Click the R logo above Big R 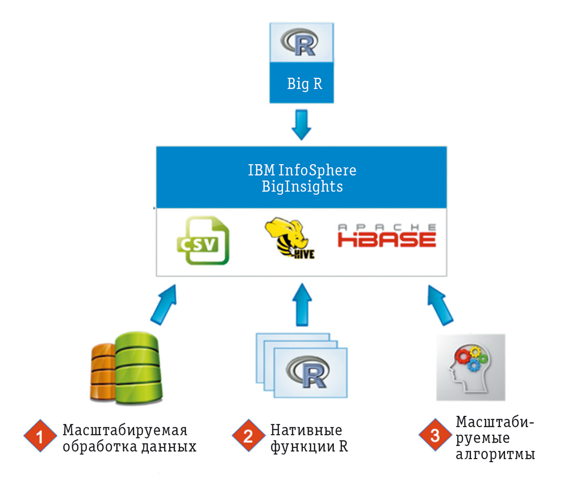tap(300, 43)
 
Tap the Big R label tap(304, 84)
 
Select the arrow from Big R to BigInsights tap(301, 126)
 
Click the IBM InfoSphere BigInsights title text tap(302, 178)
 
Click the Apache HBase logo tap(387, 236)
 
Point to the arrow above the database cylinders tap(164, 303)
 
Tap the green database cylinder tap(138, 370)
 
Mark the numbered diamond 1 tap(39, 436)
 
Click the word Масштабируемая tap(125, 430)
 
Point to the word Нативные tap(306, 430)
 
